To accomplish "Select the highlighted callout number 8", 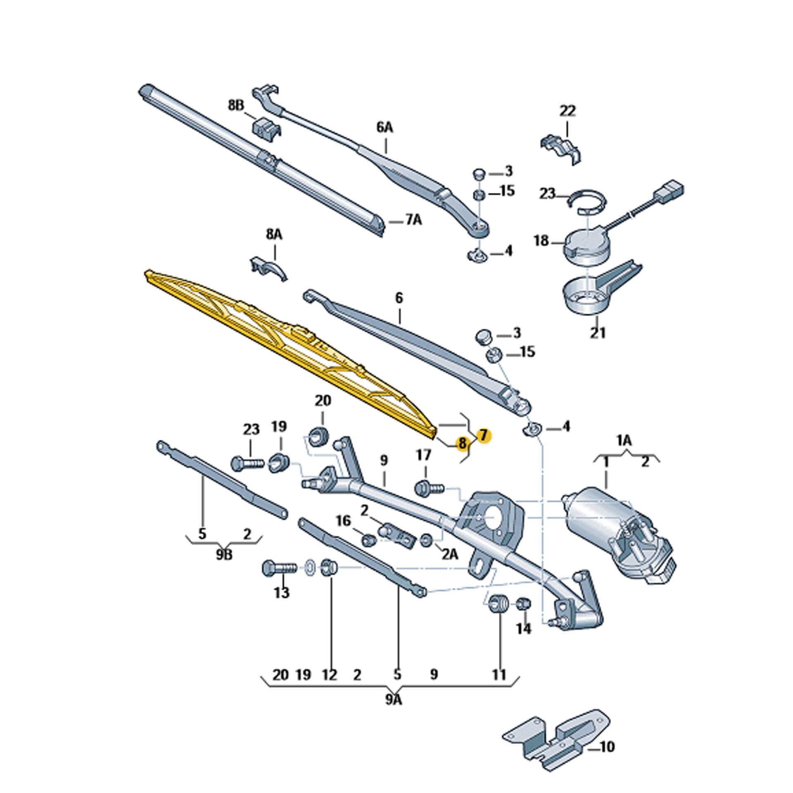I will coord(462,444).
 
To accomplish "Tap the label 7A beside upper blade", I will coord(413,221).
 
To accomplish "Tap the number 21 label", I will coord(598,332).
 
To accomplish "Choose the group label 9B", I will coord(224,554).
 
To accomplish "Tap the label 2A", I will coord(450,554).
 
